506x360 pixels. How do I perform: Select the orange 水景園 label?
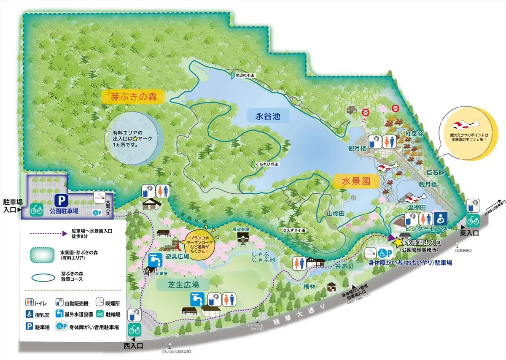[x=355, y=181]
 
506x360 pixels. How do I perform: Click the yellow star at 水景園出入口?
[x=398, y=242]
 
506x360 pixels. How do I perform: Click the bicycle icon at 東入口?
[x=473, y=219]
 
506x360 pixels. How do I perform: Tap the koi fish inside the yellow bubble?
[x=465, y=125]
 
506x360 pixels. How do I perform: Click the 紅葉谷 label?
[x=414, y=134]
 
